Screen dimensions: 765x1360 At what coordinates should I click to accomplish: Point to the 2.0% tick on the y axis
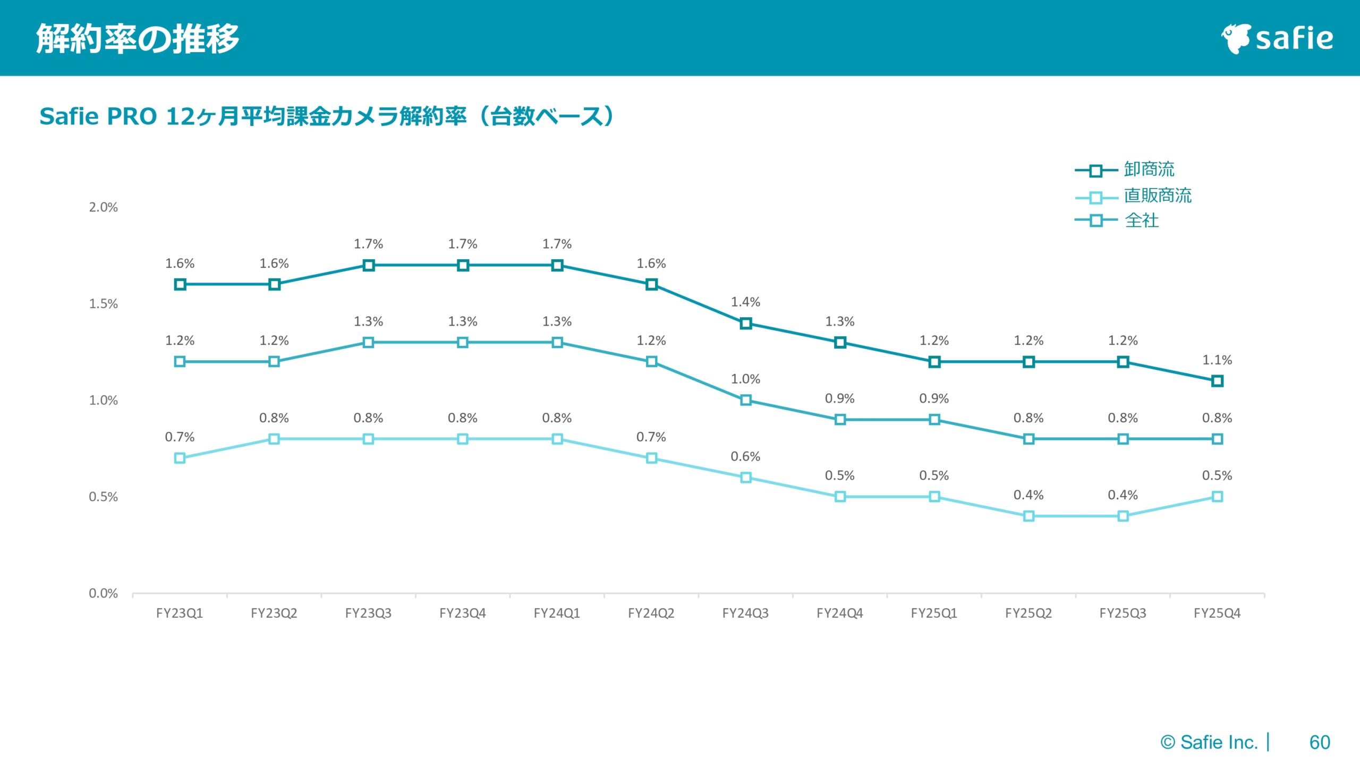[103, 207]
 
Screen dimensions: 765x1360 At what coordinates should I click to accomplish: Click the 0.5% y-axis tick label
[103, 497]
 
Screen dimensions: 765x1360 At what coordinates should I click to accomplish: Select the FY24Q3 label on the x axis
[745, 613]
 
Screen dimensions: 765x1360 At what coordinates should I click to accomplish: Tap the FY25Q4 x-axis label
[1217, 613]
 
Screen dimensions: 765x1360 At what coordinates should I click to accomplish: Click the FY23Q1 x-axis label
[180, 613]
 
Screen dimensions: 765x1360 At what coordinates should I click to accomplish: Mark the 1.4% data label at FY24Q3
[745, 302]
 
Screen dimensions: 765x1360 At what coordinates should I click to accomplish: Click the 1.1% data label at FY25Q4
[1217, 360]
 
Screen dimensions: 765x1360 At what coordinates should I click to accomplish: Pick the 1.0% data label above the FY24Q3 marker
[745, 379]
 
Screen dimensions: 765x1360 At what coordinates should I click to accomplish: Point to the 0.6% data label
[745, 456]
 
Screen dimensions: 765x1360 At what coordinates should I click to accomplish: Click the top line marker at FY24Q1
[557, 265]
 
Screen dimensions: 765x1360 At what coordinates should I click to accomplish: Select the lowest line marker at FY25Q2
[1028, 516]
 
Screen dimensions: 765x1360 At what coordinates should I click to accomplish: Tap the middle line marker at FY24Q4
[840, 420]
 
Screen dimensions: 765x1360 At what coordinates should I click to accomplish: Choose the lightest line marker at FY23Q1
[180, 458]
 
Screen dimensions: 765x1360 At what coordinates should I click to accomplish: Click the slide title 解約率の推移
[138, 38]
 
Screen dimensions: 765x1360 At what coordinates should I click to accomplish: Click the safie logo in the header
[1277, 38]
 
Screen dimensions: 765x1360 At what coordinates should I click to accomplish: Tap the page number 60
[1319, 742]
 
